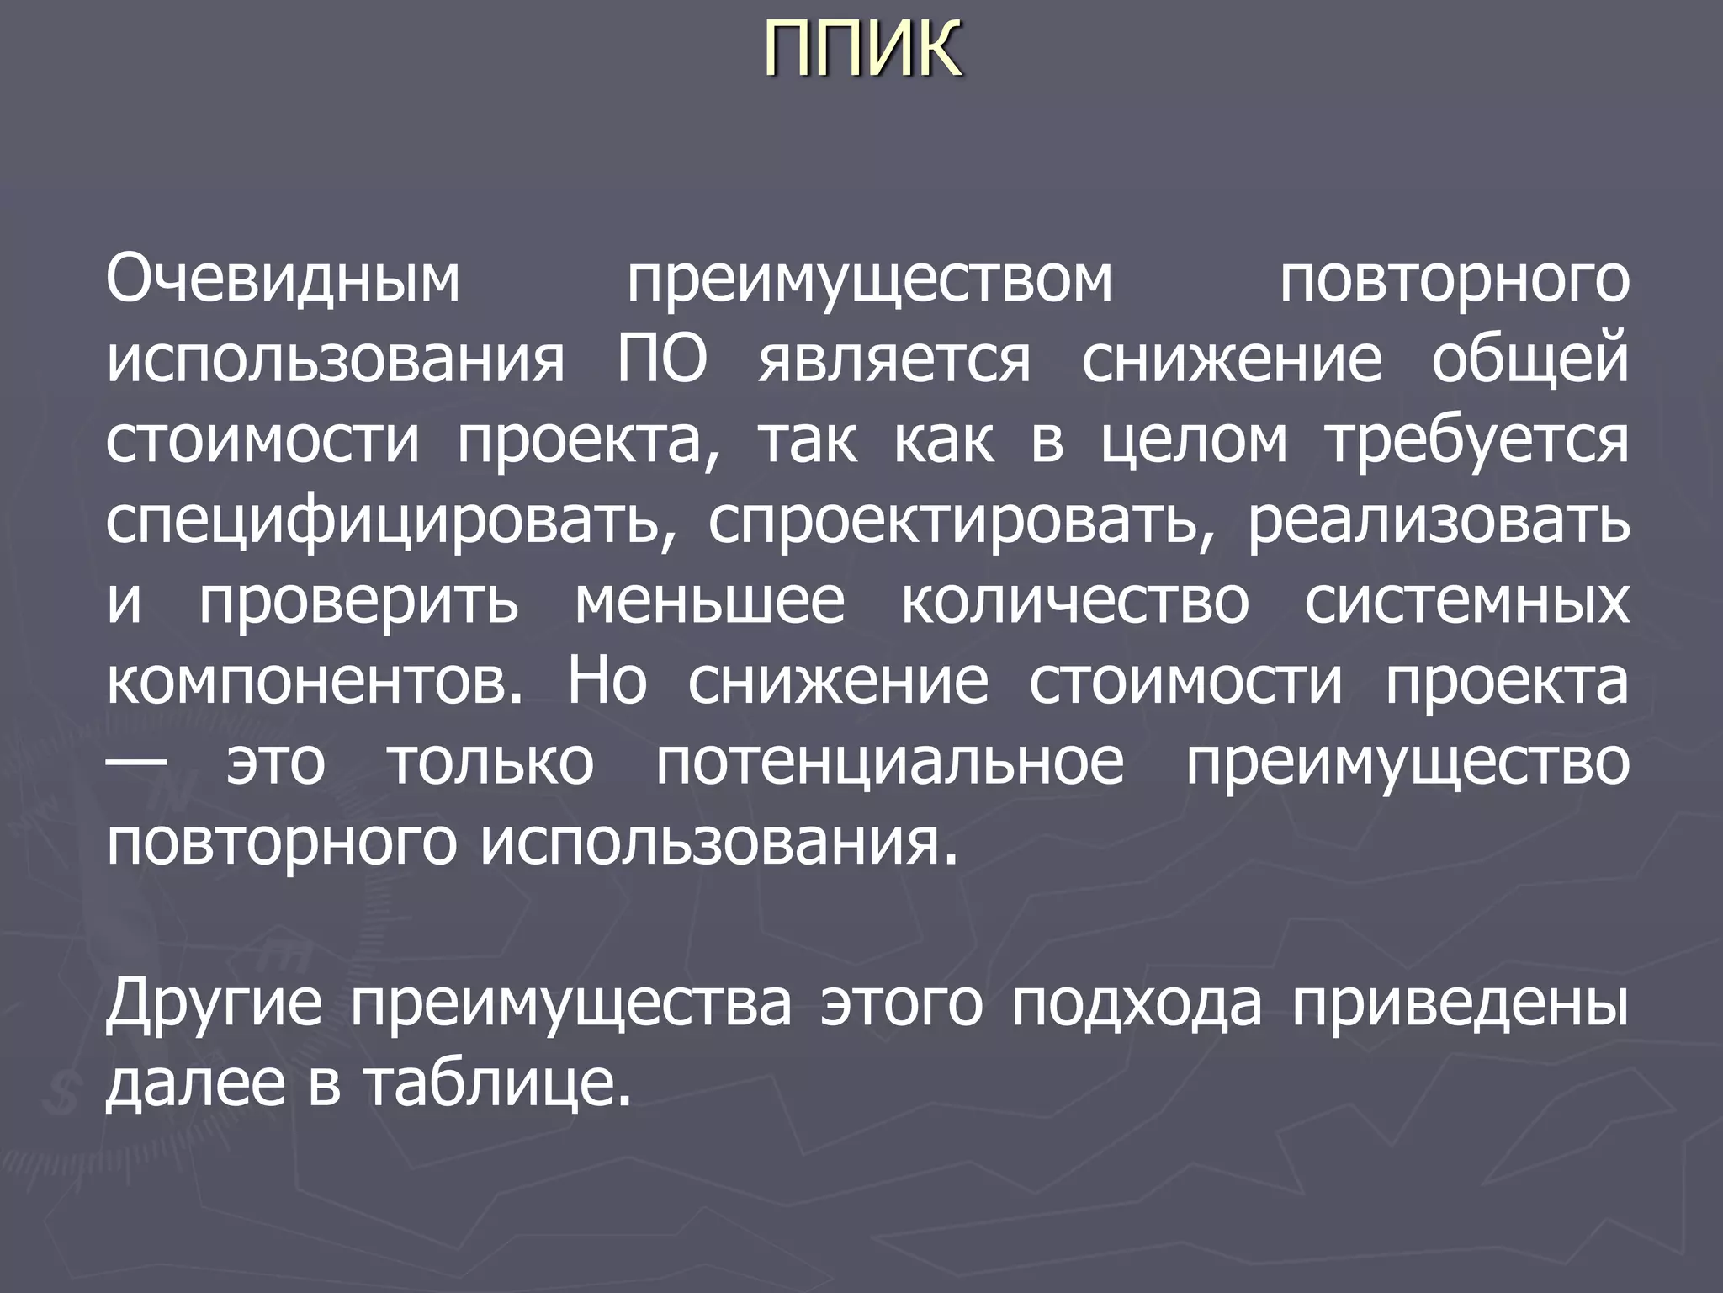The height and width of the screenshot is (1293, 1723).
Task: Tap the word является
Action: coord(893,360)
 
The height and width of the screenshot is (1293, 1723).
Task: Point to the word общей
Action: coord(1529,360)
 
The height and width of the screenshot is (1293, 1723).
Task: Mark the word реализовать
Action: coord(1438,522)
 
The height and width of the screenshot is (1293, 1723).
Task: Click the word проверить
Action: coord(359,603)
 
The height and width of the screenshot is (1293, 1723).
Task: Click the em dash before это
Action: coord(137,760)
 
